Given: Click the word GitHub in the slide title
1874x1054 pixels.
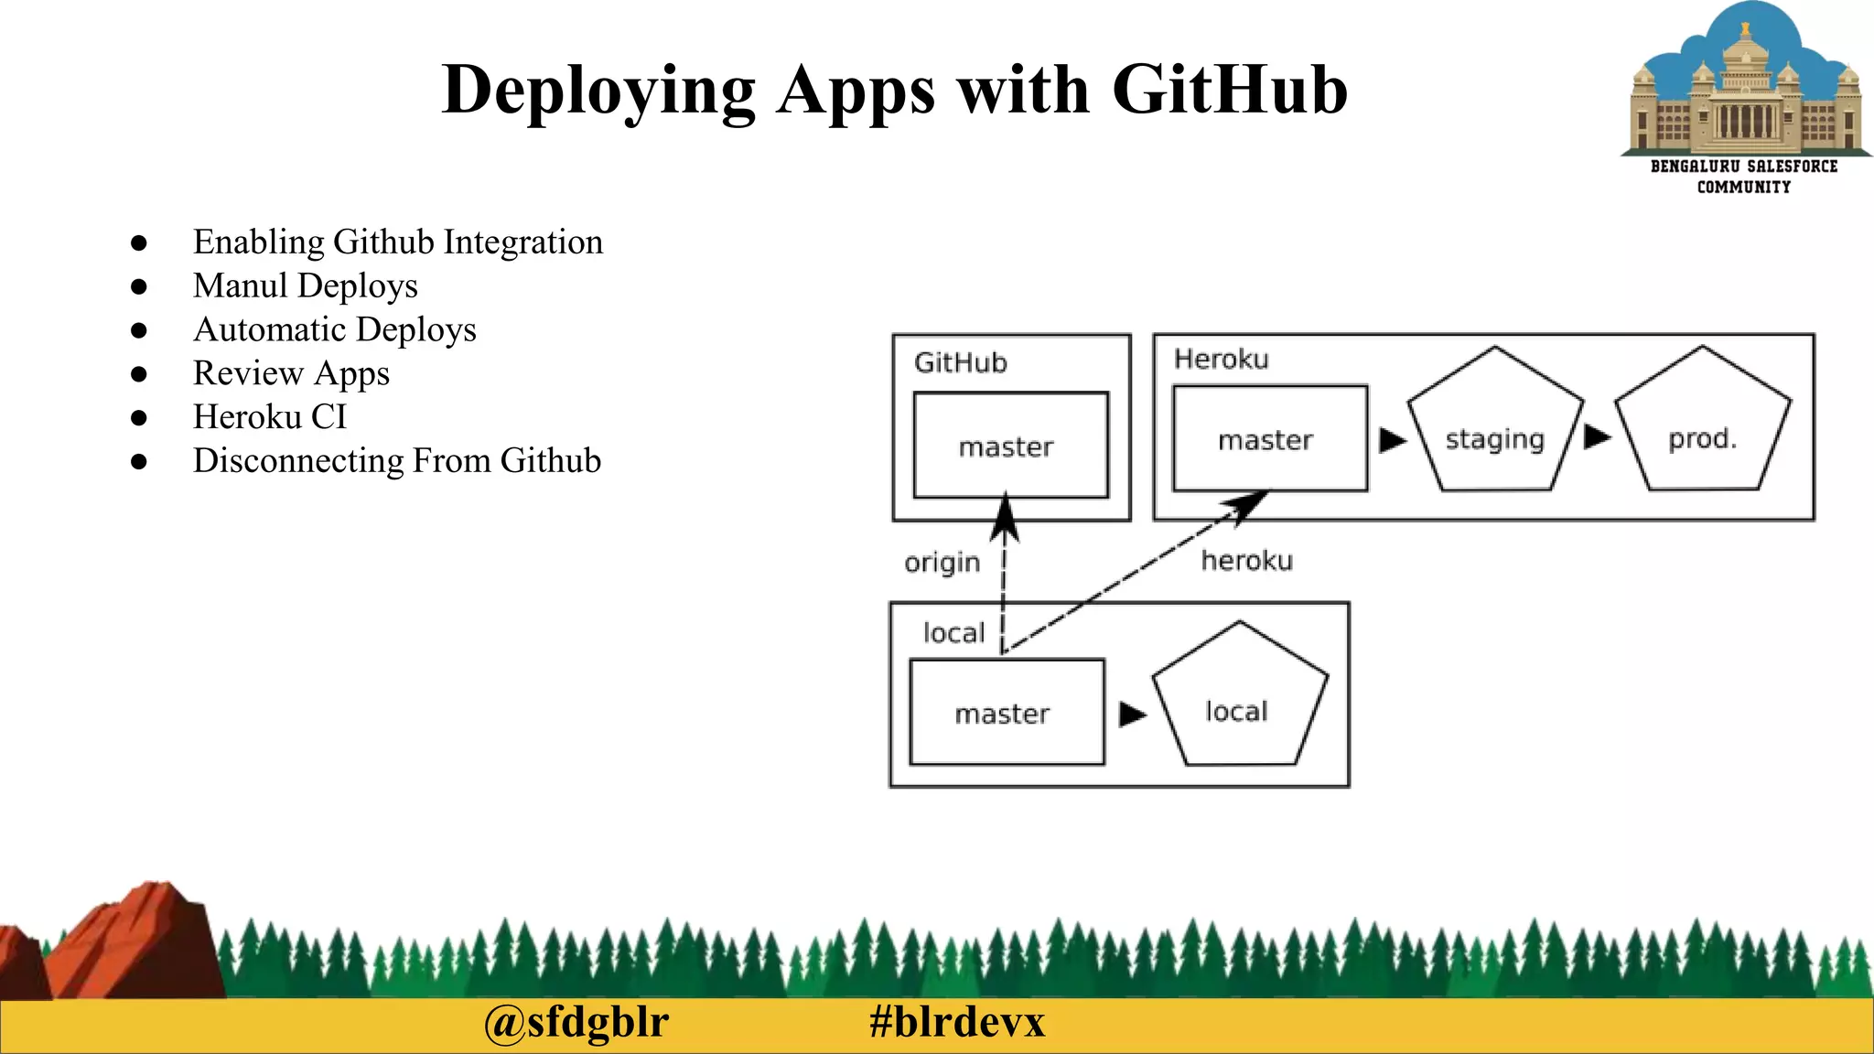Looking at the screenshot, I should pyautogui.click(x=1229, y=90).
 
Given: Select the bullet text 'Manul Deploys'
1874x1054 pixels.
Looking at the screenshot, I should pyautogui.click(x=305, y=285).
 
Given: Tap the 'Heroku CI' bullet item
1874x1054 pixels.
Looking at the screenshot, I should pyautogui.click(x=270, y=417).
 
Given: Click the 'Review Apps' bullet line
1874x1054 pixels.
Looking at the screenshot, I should pyautogui.click(x=291, y=373).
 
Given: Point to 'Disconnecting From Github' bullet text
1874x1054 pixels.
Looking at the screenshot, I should pyautogui.click(x=396, y=461).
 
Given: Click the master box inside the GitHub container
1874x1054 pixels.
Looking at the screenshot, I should pyautogui.click(x=1010, y=446).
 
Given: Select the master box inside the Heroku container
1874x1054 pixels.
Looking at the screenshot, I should pyautogui.click(x=1269, y=439).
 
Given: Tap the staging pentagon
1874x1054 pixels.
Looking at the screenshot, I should pyautogui.click(x=1494, y=430).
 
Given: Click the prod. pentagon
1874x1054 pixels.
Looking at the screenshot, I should pyautogui.click(x=1702, y=430).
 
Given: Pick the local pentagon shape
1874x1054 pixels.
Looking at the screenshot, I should pyautogui.click(x=1238, y=703).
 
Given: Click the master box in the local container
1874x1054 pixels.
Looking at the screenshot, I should pyautogui.click(x=1007, y=712).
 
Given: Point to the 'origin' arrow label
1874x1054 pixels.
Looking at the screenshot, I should pyautogui.click(x=942, y=562).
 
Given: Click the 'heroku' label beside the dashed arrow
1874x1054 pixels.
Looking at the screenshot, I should pyautogui.click(x=1246, y=560).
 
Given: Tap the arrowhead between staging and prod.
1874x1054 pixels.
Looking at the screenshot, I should pyautogui.click(x=1597, y=436).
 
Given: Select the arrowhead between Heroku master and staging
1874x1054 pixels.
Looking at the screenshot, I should pyautogui.click(x=1392, y=440).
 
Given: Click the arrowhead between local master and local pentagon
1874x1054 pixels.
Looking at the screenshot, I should pyautogui.click(x=1132, y=714).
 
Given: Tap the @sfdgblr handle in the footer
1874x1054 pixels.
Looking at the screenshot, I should pyautogui.click(x=576, y=1022).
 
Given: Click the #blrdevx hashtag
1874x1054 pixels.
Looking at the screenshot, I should pyautogui.click(x=956, y=1022).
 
